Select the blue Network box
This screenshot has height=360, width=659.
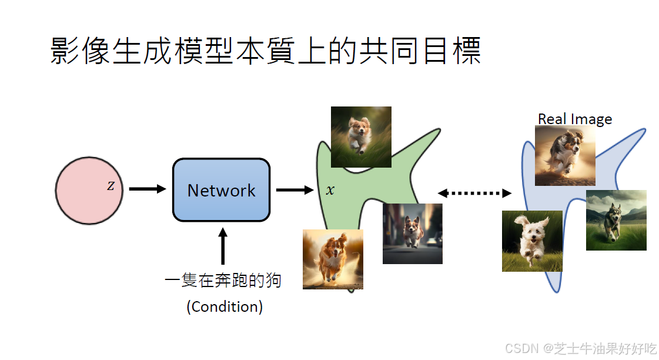click(221, 190)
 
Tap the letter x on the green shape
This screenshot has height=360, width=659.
click(330, 190)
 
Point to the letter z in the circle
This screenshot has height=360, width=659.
click(111, 186)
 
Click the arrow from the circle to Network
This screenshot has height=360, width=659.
click(147, 189)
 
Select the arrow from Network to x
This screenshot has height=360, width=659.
click(294, 189)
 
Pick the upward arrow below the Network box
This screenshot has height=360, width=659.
click(222, 246)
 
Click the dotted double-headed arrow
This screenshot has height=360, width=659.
click(474, 192)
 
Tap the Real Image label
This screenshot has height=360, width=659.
click(574, 119)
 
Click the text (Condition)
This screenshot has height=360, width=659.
click(225, 306)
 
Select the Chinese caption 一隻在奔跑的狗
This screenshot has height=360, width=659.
click(223, 280)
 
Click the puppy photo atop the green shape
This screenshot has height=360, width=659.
click(361, 136)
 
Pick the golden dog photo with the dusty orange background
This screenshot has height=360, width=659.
click(333, 259)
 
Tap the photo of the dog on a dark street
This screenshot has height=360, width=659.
click(412, 234)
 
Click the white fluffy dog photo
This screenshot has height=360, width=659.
click(532, 241)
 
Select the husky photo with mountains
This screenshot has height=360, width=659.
click(616, 220)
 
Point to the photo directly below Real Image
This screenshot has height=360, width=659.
click(564, 156)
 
